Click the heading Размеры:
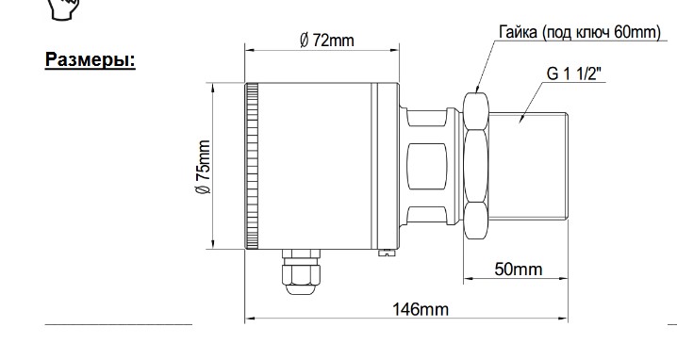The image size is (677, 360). click(x=91, y=59)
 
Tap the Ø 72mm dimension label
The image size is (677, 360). click(x=327, y=41)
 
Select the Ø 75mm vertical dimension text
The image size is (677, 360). click(x=203, y=167)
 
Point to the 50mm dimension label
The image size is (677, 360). click(x=518, y=270)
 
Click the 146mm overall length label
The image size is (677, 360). click(x=421, y=309)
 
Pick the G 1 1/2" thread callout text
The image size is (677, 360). click(x=574, y=74)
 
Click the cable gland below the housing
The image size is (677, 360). click(x=301, y=272)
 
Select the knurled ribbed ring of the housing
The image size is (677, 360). click(x=252, y=166)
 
